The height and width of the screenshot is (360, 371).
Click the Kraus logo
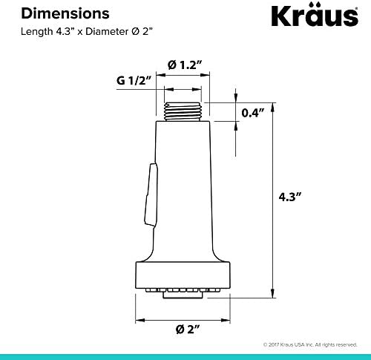coord(315,15)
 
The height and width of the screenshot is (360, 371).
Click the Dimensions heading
coord(65,13)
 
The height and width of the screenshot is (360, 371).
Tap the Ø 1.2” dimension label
coord(185,65)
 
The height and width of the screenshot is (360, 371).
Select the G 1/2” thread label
coord(134,80)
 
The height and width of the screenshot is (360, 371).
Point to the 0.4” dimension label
coord(253,113)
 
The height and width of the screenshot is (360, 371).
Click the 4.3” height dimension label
coord(290,197)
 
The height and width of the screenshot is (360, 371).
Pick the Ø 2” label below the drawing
coord(188,330)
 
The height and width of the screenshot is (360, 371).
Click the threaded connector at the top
coord(183,111)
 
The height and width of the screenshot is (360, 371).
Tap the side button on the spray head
coord(151,194)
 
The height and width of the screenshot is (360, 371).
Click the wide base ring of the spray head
coord(183,275)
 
